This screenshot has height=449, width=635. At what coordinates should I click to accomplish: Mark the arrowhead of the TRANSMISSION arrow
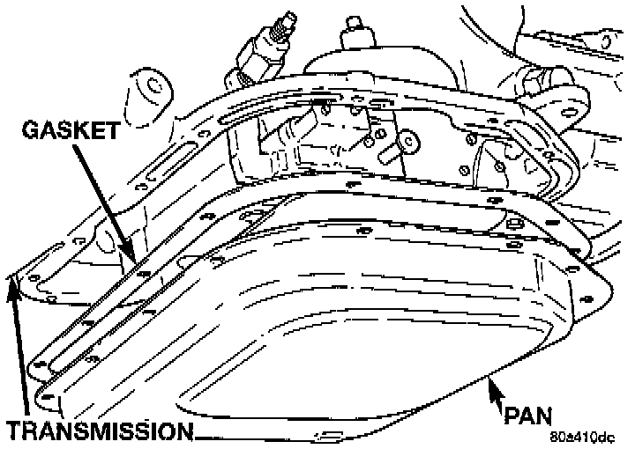[x=13, y=283]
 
